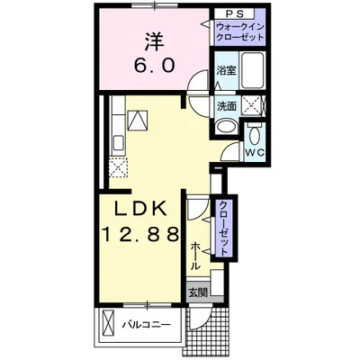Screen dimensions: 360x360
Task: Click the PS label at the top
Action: pos(234,14)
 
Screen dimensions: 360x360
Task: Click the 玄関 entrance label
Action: pos(197,292)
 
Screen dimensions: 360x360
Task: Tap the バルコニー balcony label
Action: pos(147,323)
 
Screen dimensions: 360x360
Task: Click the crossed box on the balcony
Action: pos(106,323)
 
